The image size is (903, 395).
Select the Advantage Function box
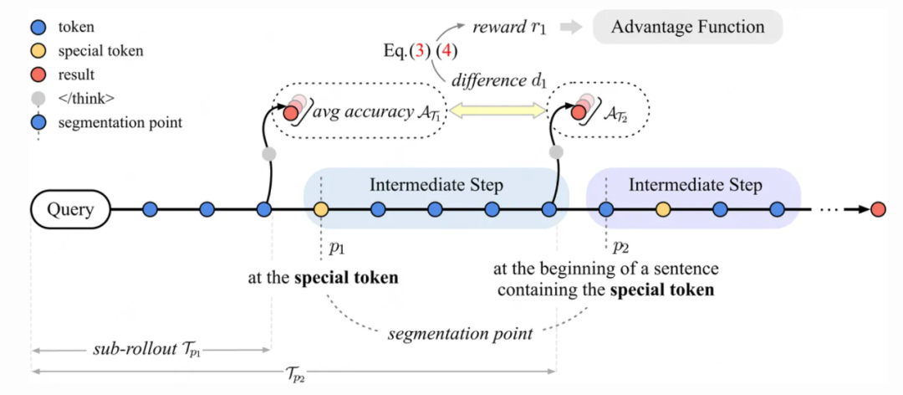pyautogui.click(x=687, y=27)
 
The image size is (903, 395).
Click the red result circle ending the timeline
pyautogui.click(x=877, y=209)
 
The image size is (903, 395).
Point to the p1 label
pyautogui.click(x=336, y=248)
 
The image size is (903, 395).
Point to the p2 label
pyautogui.click(x=620, y=248)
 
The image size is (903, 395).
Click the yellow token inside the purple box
pyautogui.click(x=663, y=209)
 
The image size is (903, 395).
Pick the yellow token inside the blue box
pyautogui.click(x=320, y=209)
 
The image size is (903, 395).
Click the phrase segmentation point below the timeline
pyautogui.click(x=460, y=334)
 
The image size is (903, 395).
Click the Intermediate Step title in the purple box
pyautogui.click(x=695, y=184)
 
